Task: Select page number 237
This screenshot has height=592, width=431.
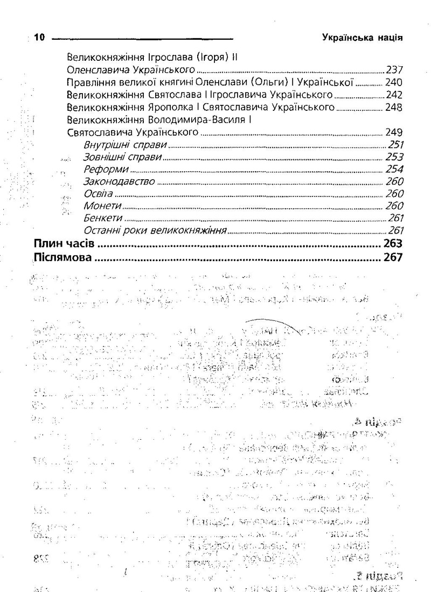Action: pyautogui.click(x=395, y=70)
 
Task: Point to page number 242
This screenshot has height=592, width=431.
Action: pyautogui.click(x=395, y=95)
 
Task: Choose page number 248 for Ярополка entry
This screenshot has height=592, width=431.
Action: pyautogui.click(x=395, y=108)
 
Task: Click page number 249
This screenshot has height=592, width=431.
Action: pyautogui.click(x=395, y=132)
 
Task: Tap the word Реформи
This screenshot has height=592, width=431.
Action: pyautogui.click(x=102, y=170)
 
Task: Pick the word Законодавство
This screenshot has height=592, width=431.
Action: pyautogui.click(x=119, y=182)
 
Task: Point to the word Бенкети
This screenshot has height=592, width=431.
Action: pyautogui.click(x=103, y=219)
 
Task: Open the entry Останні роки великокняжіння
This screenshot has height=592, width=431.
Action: pyautogui.click(x=154, y=231)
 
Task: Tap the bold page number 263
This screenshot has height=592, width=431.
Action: pyautogui.click(x=393, y=244)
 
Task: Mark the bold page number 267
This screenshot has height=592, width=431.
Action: pyautogui.click(x=393, y=257)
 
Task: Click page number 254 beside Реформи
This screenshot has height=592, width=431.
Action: pyautogui.click(x=395, y=170)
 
